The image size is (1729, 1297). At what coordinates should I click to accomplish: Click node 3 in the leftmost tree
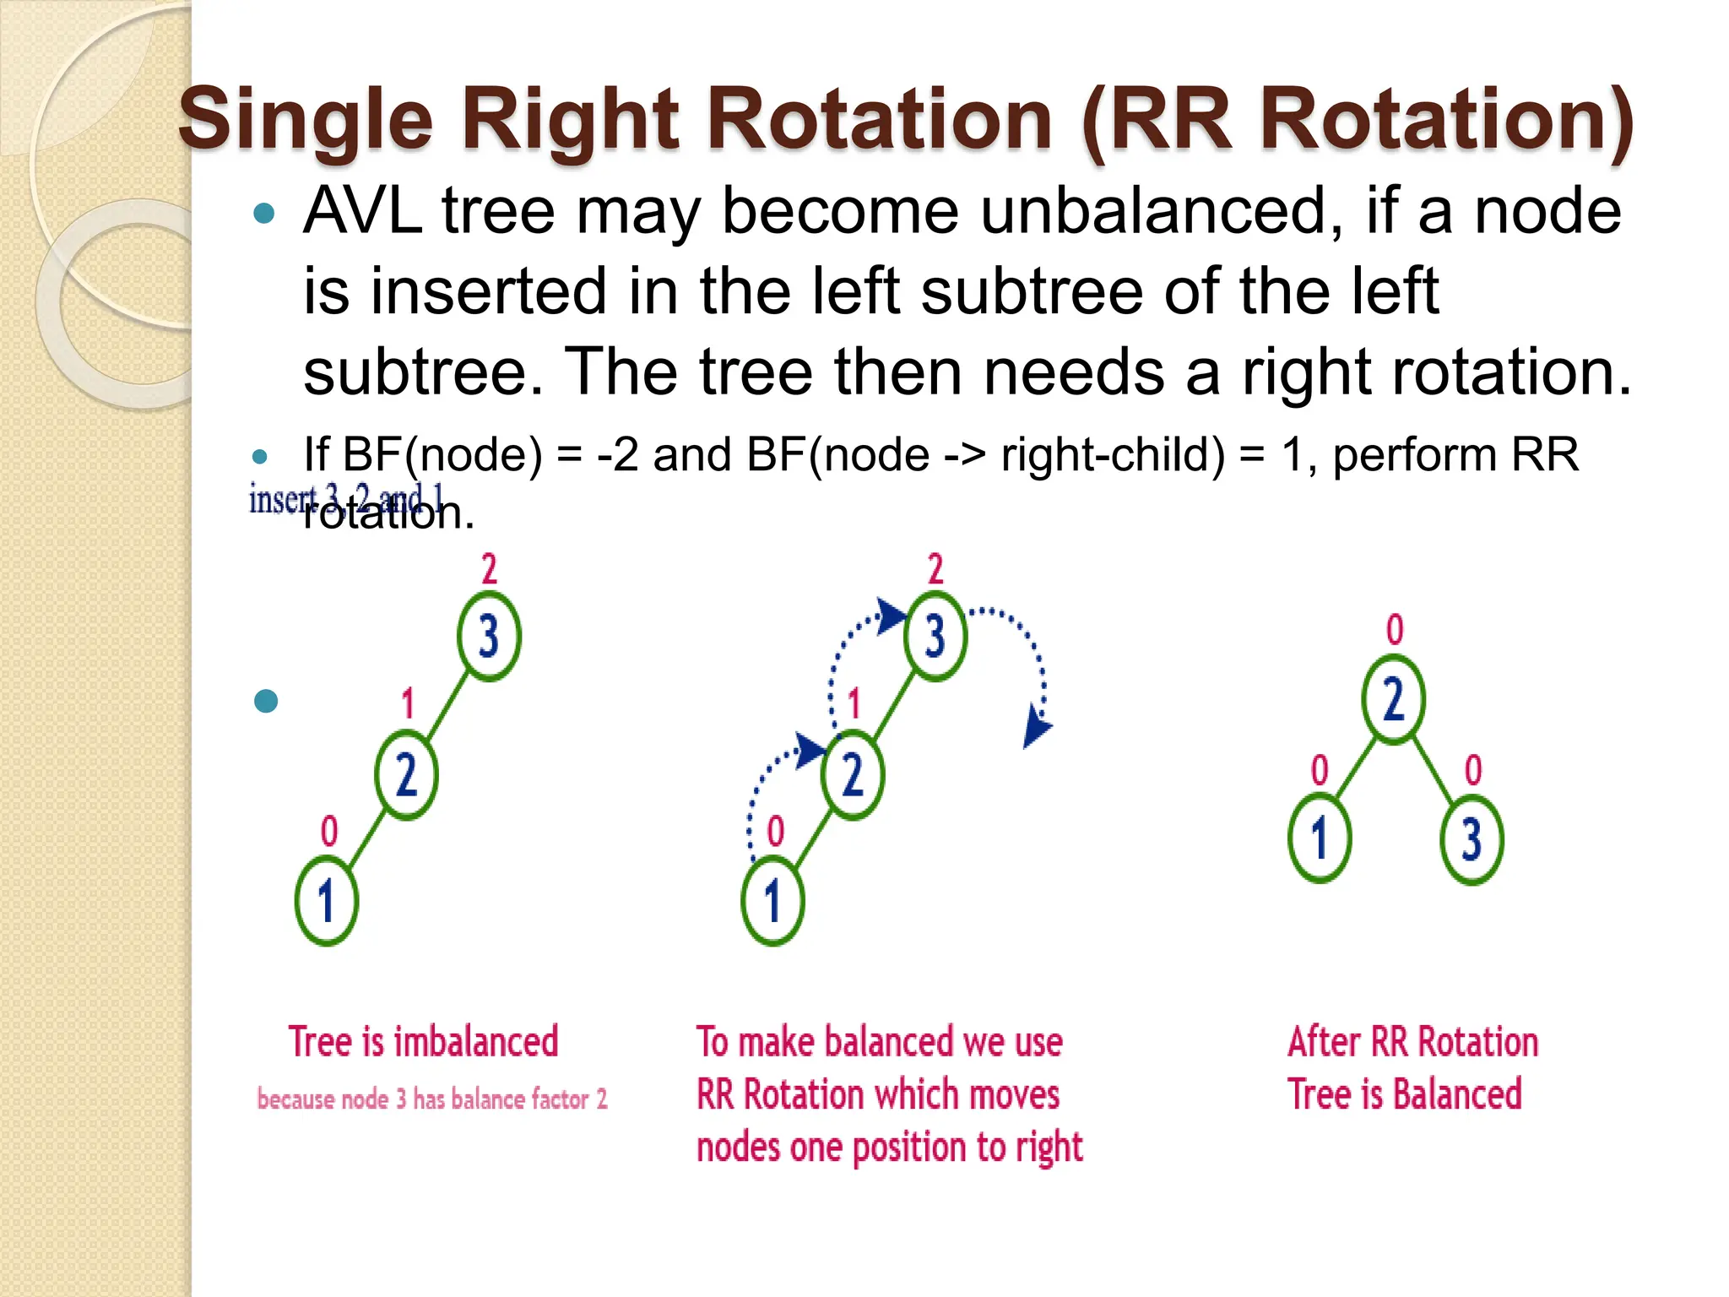[489, 636]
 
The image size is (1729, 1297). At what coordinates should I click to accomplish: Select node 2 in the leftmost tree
[406, 775]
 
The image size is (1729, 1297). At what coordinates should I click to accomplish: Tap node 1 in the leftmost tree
[326, 901]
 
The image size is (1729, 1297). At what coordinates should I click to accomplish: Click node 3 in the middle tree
[935, 636]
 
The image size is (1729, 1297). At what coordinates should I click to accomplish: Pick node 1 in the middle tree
[772, 901]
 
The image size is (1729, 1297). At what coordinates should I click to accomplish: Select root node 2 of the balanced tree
[1393, 699]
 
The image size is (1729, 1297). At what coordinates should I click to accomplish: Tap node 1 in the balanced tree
[1320, 838]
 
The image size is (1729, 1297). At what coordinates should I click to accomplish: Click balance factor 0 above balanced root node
[1395, 630]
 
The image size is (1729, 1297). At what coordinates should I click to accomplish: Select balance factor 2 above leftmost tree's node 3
[489, 569]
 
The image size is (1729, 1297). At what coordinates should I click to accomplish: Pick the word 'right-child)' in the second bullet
[1113, 454]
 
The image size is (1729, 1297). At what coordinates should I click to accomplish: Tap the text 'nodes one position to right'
[889, 1148]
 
